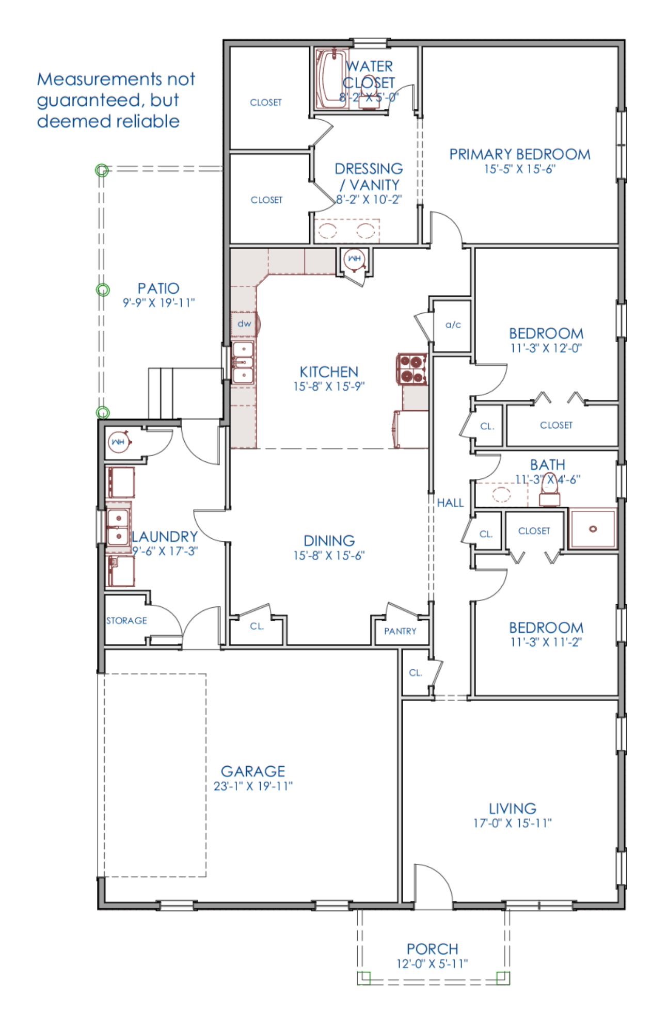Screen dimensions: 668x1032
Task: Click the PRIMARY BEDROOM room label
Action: click(519, 154)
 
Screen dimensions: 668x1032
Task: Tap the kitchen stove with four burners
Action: click(412, 369)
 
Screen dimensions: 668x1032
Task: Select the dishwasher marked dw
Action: click(244, 324)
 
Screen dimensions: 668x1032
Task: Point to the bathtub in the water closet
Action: click(331, 78)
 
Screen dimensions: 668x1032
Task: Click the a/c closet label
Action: click(453, 325)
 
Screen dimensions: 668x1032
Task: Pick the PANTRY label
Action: click(400, 631)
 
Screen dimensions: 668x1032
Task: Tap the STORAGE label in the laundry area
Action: click(126, 621)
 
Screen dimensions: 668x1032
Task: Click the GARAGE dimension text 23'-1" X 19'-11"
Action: click(253, 786)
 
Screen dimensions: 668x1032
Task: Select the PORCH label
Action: click(433, 949)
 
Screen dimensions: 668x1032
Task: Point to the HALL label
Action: click(450, 503)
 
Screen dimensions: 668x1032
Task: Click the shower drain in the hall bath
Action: click(593, 528)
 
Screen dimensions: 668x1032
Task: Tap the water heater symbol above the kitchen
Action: click(354, 259)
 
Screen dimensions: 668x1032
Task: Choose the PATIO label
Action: click(158, 288)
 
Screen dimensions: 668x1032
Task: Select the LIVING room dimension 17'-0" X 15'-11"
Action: click(512, 823)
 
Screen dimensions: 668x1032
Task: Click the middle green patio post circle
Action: click(103, 290)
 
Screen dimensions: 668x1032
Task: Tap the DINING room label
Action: click(329, 541)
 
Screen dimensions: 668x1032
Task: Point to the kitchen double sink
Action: click(243, 362)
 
